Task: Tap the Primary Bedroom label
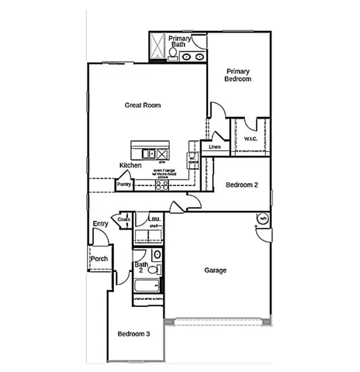click(x=238, y=75)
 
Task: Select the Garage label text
click(x=215, y=270)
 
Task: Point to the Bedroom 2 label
click(x=242, y=185)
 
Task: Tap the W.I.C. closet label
click(x=251, y=139)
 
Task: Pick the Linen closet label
click(x=215, y=146)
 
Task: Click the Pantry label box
click(x=123, y=185)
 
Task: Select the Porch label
click(x=99, y=259)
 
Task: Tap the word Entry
click(x=100, y=224)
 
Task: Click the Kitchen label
click(x=130, y=166)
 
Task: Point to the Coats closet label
click(x=124, y=219)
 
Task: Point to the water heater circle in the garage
click(x=262, y=219)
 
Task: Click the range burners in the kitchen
click(x=162, y=185)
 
